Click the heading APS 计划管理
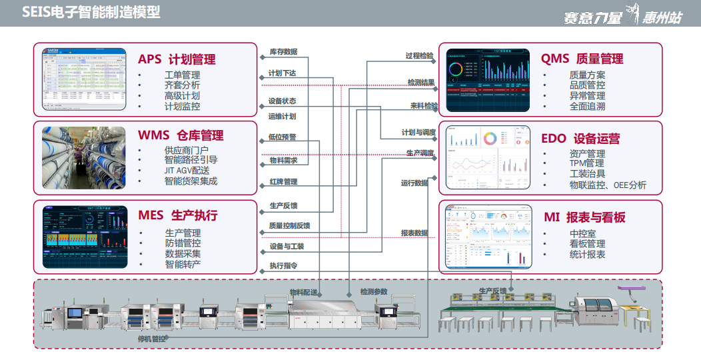(x=177, y=59)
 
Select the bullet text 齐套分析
(x=182, y=85)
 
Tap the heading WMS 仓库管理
(x=181, y=136)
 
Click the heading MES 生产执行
(x=177, y=215)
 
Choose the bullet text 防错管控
(x=183, y=244)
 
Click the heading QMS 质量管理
(x=582, y=59)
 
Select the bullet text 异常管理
(x=587, y=96)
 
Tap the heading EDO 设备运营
(x=580, y=139)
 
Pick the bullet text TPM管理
(x=586, y=163)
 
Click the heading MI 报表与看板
(x=584, y=218)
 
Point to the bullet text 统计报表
(x=587, y=255)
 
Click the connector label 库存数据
(x=283, y=52)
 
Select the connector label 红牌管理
(x=283, y=182)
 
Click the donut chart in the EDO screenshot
(x=490, y=138)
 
